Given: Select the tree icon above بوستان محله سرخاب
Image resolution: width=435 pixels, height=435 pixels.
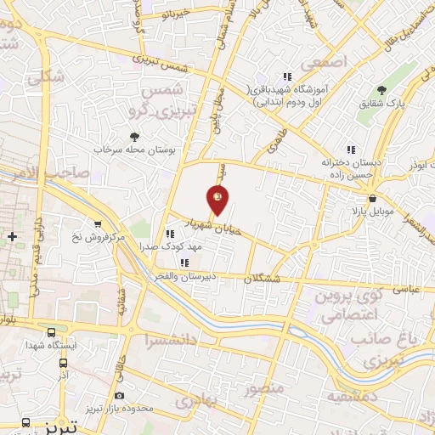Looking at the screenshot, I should tap(134, 135).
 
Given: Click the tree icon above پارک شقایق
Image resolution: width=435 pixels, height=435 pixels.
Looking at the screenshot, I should tap(381, 89).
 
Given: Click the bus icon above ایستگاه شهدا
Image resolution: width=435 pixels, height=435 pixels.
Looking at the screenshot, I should tap(52, 332).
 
